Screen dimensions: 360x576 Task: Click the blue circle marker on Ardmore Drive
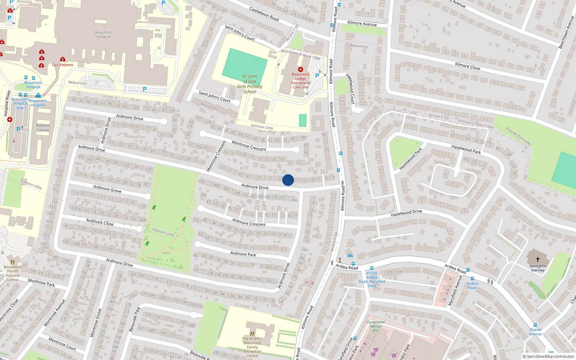[288, 180]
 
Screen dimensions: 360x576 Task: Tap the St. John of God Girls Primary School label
[250, 84]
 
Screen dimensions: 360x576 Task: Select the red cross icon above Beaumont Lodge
[301, 69]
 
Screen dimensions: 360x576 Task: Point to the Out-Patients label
[63, 65]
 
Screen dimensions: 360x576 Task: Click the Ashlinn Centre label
[43, 128]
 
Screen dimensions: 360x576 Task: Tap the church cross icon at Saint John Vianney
[537, 259]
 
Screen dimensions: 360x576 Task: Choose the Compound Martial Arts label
[376, 327]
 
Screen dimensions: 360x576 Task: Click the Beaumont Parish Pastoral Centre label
[13, 273]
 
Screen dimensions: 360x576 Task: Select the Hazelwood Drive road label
[406, 213]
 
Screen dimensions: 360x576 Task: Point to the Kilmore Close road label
[467, 66]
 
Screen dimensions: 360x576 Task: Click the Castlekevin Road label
[264, 14]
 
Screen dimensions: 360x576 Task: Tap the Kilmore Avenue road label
[362, 23]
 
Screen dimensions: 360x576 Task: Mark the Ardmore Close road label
[100, 222]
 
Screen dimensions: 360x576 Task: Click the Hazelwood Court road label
[350, 89]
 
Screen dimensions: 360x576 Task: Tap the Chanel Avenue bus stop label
[535, 332]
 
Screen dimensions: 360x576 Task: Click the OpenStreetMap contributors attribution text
[548, 356]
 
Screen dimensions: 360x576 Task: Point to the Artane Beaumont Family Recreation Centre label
[252, 347]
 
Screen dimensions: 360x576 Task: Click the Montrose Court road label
[62, 343]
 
